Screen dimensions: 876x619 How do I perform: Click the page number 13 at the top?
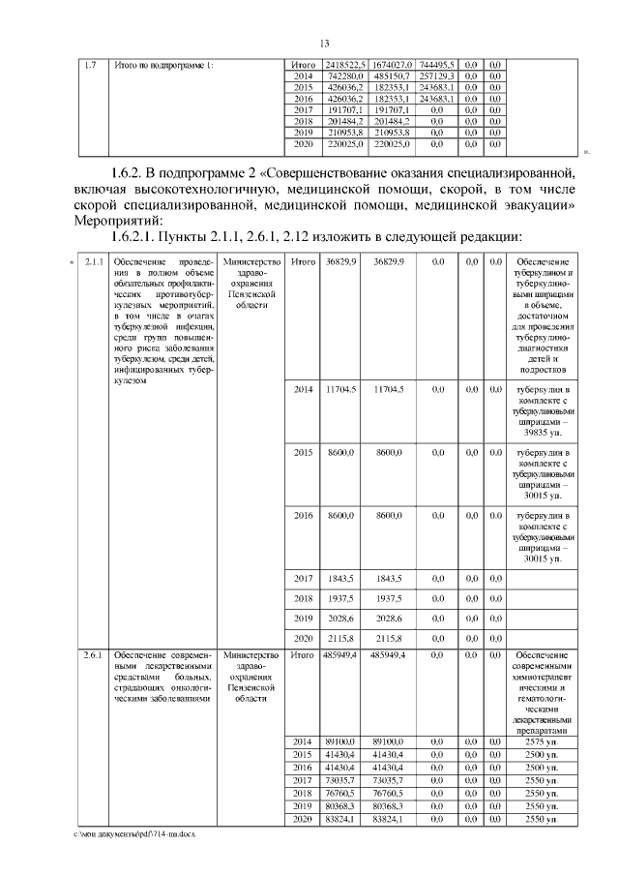[x=324, y=43]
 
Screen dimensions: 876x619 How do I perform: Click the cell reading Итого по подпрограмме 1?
[x=162, y=65]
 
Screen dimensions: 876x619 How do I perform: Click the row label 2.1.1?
[x=93, y=262]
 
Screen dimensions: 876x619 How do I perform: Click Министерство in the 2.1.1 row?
[x=251, y=262]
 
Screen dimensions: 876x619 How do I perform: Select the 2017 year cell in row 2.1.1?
[x=304, y=578]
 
